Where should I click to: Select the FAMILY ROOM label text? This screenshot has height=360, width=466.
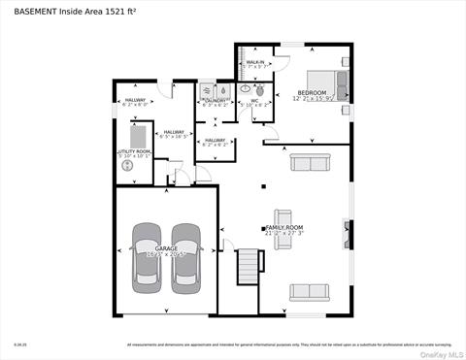[285, 228]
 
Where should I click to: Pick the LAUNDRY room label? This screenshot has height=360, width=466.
[215, 100]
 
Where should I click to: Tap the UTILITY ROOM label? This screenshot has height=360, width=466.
[134, 151]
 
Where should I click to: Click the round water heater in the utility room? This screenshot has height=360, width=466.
[128, 166]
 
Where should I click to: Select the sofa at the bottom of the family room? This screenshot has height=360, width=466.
[310, 291]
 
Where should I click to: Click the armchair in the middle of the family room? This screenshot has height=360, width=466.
[283, 218]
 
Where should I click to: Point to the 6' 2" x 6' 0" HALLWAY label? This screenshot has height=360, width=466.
[134, 101]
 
